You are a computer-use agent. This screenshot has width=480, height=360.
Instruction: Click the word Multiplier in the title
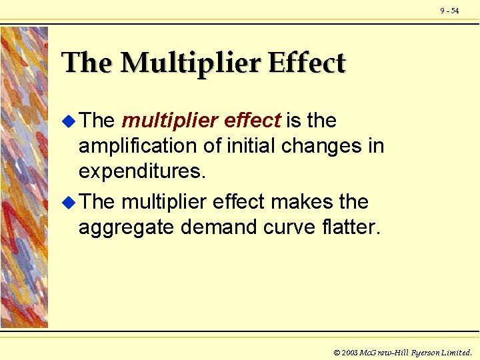tap(191, 63)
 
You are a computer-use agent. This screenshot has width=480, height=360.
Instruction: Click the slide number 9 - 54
tap(449, 11)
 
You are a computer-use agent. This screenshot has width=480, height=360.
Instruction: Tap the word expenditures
tap(140, 172)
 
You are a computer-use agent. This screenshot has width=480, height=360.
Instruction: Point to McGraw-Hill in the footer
tap(387, 352)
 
